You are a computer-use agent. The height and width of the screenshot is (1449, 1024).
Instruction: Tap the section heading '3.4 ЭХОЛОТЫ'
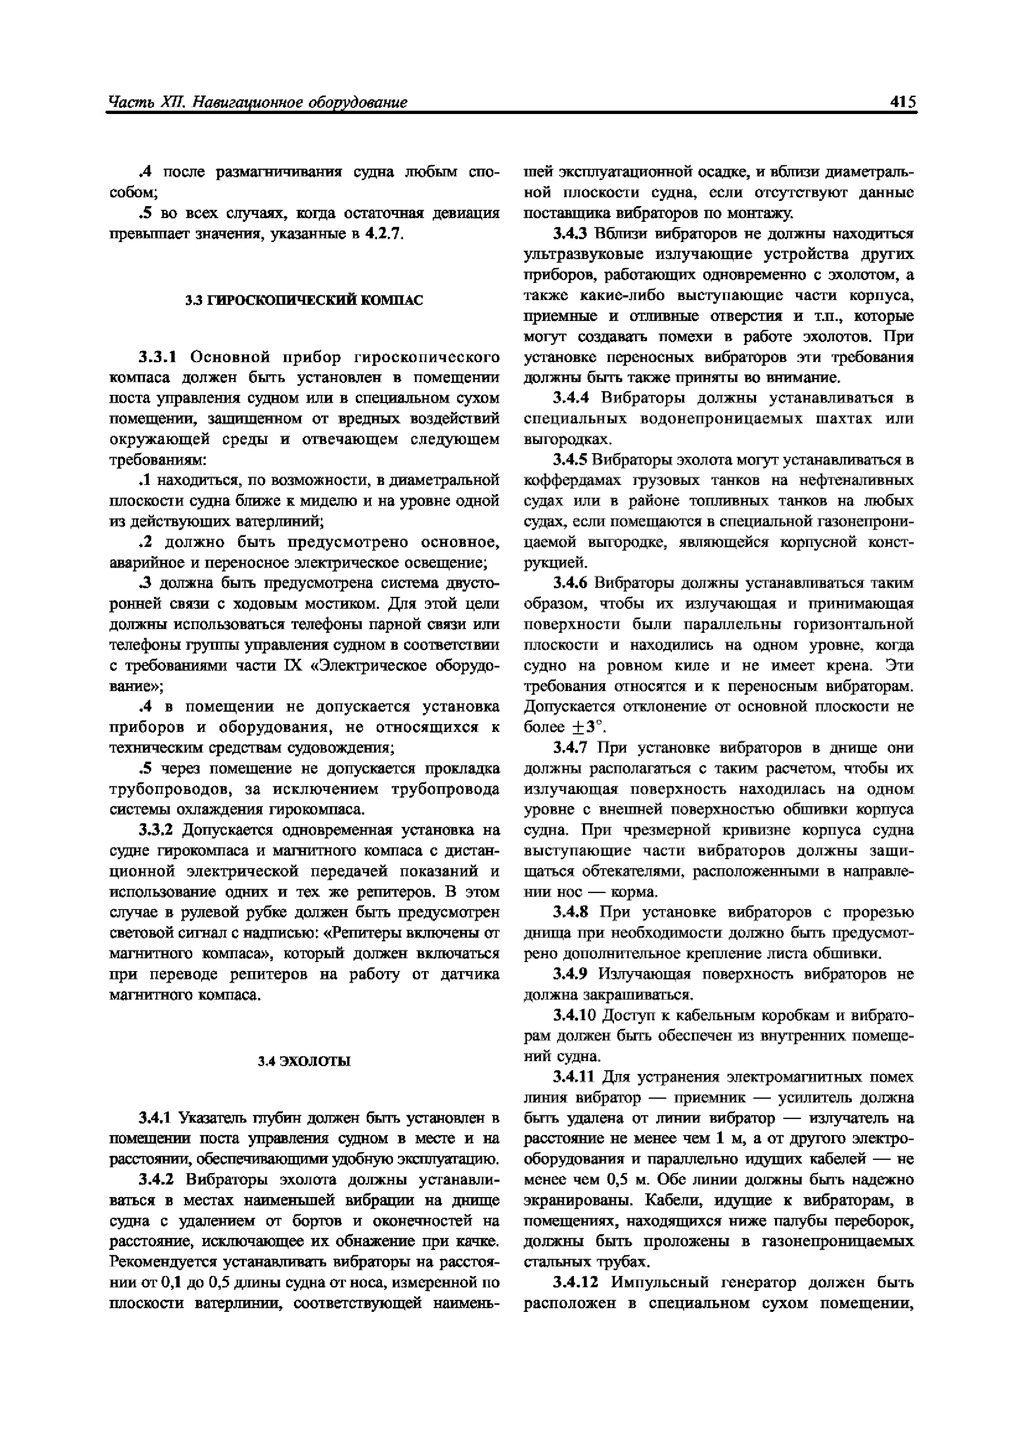[x=304, y=1062]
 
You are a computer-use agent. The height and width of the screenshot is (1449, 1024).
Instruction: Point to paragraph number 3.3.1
[x=161, y=358]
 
